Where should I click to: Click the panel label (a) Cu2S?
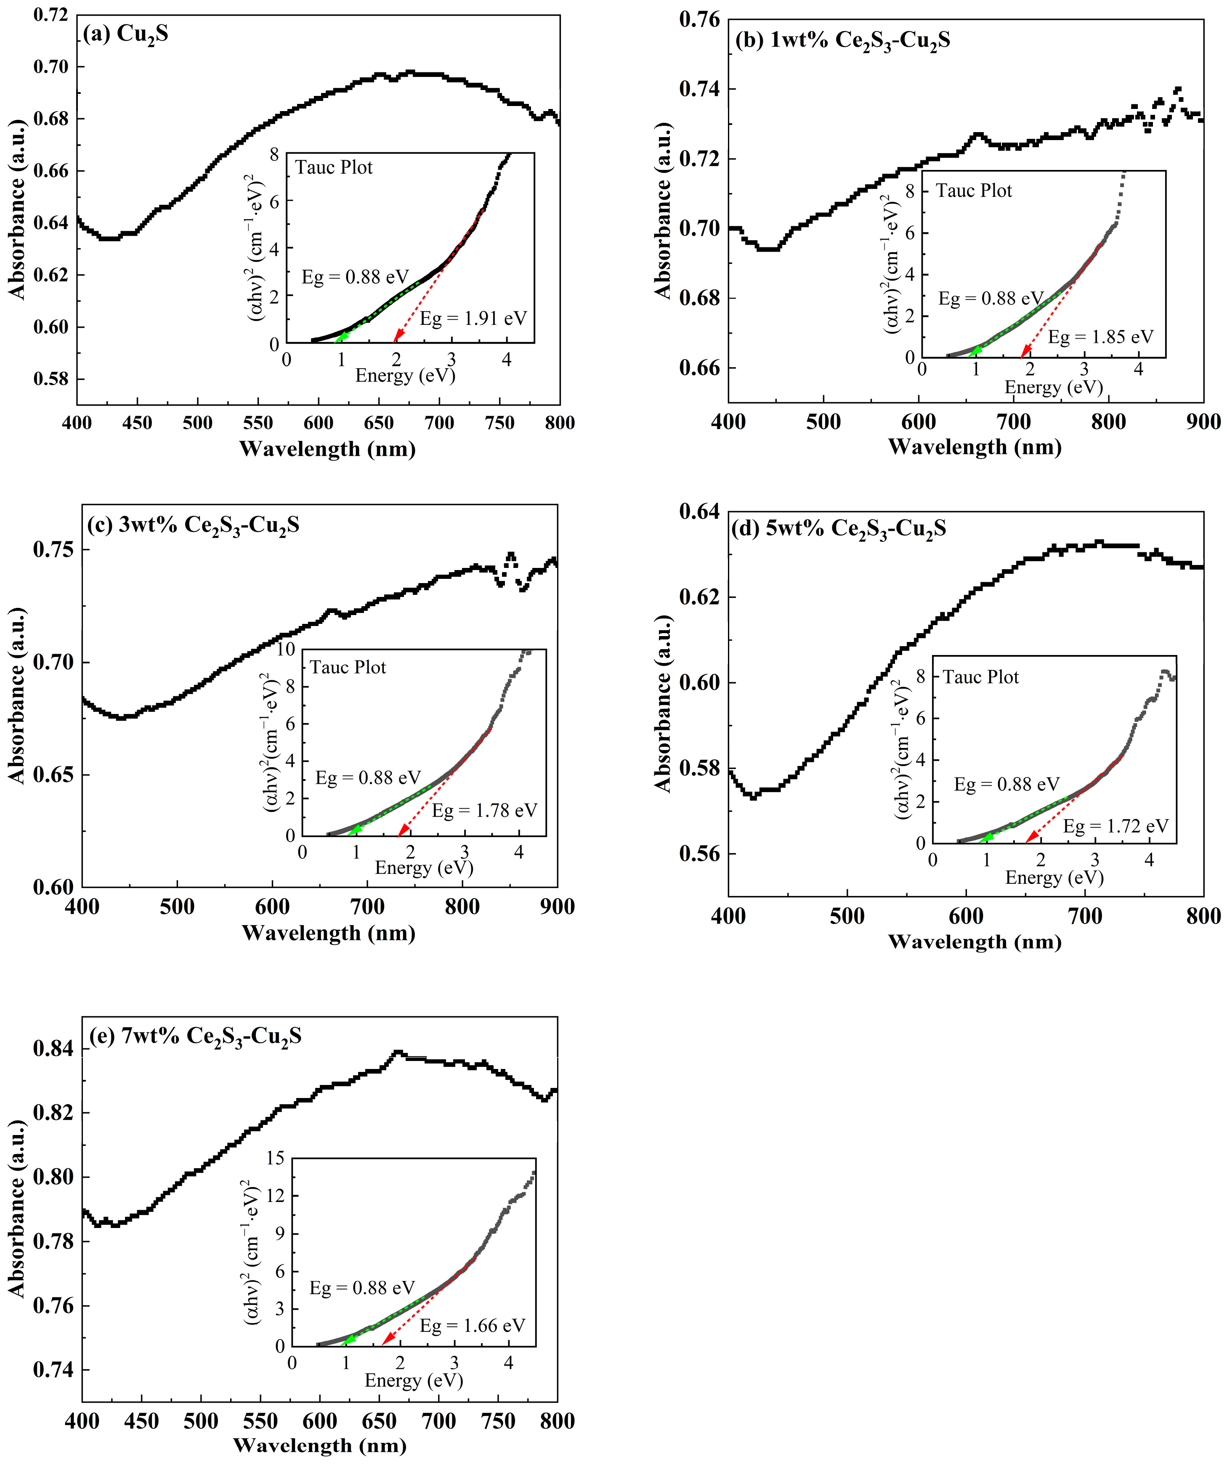(125, 34)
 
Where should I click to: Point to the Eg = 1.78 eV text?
(484, 811)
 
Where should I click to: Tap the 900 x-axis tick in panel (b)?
(1203, 422)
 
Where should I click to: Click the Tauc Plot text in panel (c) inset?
(348, 668)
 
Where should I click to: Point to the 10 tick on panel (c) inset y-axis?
(286, 650)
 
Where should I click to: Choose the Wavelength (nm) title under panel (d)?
(975, 942)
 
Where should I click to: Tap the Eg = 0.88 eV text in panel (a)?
(355, 278)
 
